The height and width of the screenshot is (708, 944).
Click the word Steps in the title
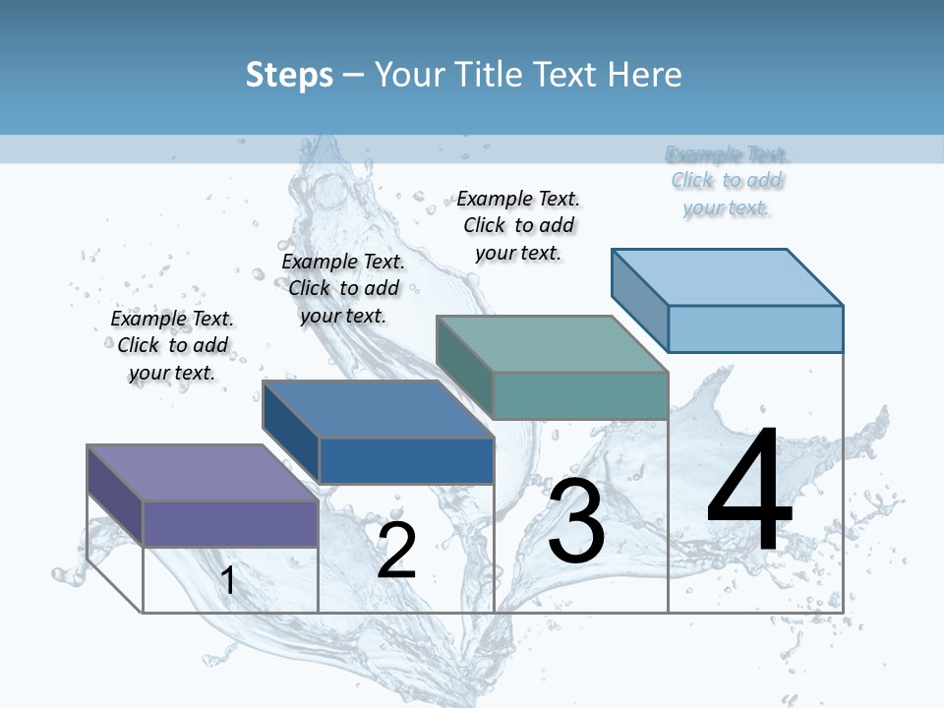pyautogui.click(x=289, y=75)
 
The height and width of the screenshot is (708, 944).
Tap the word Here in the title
pyautogui.click(x=645, y=75)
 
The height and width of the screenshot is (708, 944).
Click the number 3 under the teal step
pyautogui.click(x=576, y=521)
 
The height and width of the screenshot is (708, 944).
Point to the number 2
pyautogui.click(x=396, y=550)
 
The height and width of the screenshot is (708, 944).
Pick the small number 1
pyautogui.click(x=228, y=580)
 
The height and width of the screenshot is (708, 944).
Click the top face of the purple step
pyautogui.click(x=202, y=472)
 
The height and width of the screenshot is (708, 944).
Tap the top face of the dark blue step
pyautogui.click(x=378, y=409)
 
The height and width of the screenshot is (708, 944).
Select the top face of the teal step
pyautogui.click(x=552, y=344)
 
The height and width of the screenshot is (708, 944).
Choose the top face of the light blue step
pyautogui.click(x=727, y=276)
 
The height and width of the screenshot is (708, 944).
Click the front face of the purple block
pyautogui.click(x=230, y=523)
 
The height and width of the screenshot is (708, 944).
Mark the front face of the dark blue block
pyautogui.click(x=406, y=460)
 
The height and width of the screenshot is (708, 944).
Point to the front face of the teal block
pyautogui.click(x=580, y=395)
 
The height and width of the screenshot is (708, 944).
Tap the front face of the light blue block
pyautogui.click(x=755, y=328)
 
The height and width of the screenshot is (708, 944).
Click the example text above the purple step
pyautogui.click(x=172, y=345)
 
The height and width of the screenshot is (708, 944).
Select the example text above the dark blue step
pyautogui.click(x=343, y=288)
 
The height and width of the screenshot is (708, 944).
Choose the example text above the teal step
pyautogui.click(x=518, y=225)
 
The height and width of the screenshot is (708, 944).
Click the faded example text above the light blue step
pyautogui.click(x=727, y=181)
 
